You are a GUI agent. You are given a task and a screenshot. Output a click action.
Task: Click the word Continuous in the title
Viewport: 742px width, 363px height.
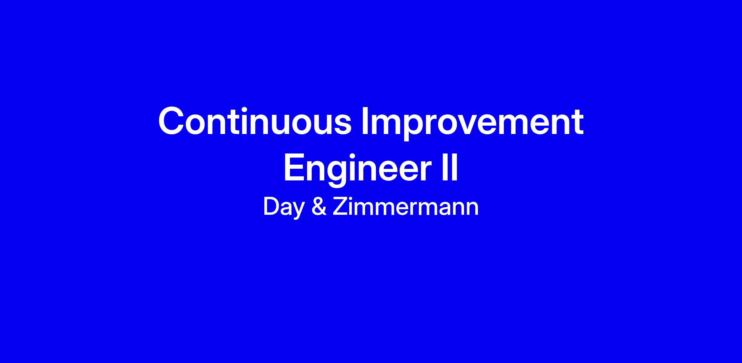(255, 121)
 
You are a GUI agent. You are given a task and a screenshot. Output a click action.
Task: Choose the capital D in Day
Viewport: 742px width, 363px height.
(271, 207)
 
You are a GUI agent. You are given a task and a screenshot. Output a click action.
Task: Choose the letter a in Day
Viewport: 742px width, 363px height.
(286, 210)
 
